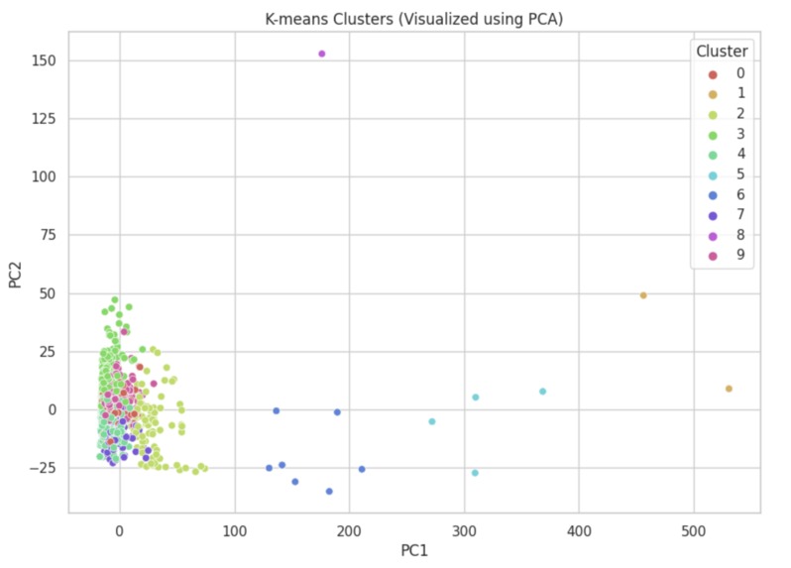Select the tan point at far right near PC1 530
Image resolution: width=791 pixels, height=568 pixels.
(x=729, y=389)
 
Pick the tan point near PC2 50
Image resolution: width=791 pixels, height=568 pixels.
(x=643, y=295)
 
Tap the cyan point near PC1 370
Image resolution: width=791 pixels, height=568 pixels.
(x=542, y=392)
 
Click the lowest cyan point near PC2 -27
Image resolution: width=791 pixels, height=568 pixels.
(x=475, y=473)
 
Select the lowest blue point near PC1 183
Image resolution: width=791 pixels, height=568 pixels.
(x=329, y=492)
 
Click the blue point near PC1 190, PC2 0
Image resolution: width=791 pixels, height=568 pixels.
(x=337, y=412)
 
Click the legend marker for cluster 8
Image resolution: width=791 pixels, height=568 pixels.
(x=711, y=235)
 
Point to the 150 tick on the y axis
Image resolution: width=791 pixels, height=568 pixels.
(x=46, y=60)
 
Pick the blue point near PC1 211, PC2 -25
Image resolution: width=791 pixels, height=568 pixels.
(x=362, y=469)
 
